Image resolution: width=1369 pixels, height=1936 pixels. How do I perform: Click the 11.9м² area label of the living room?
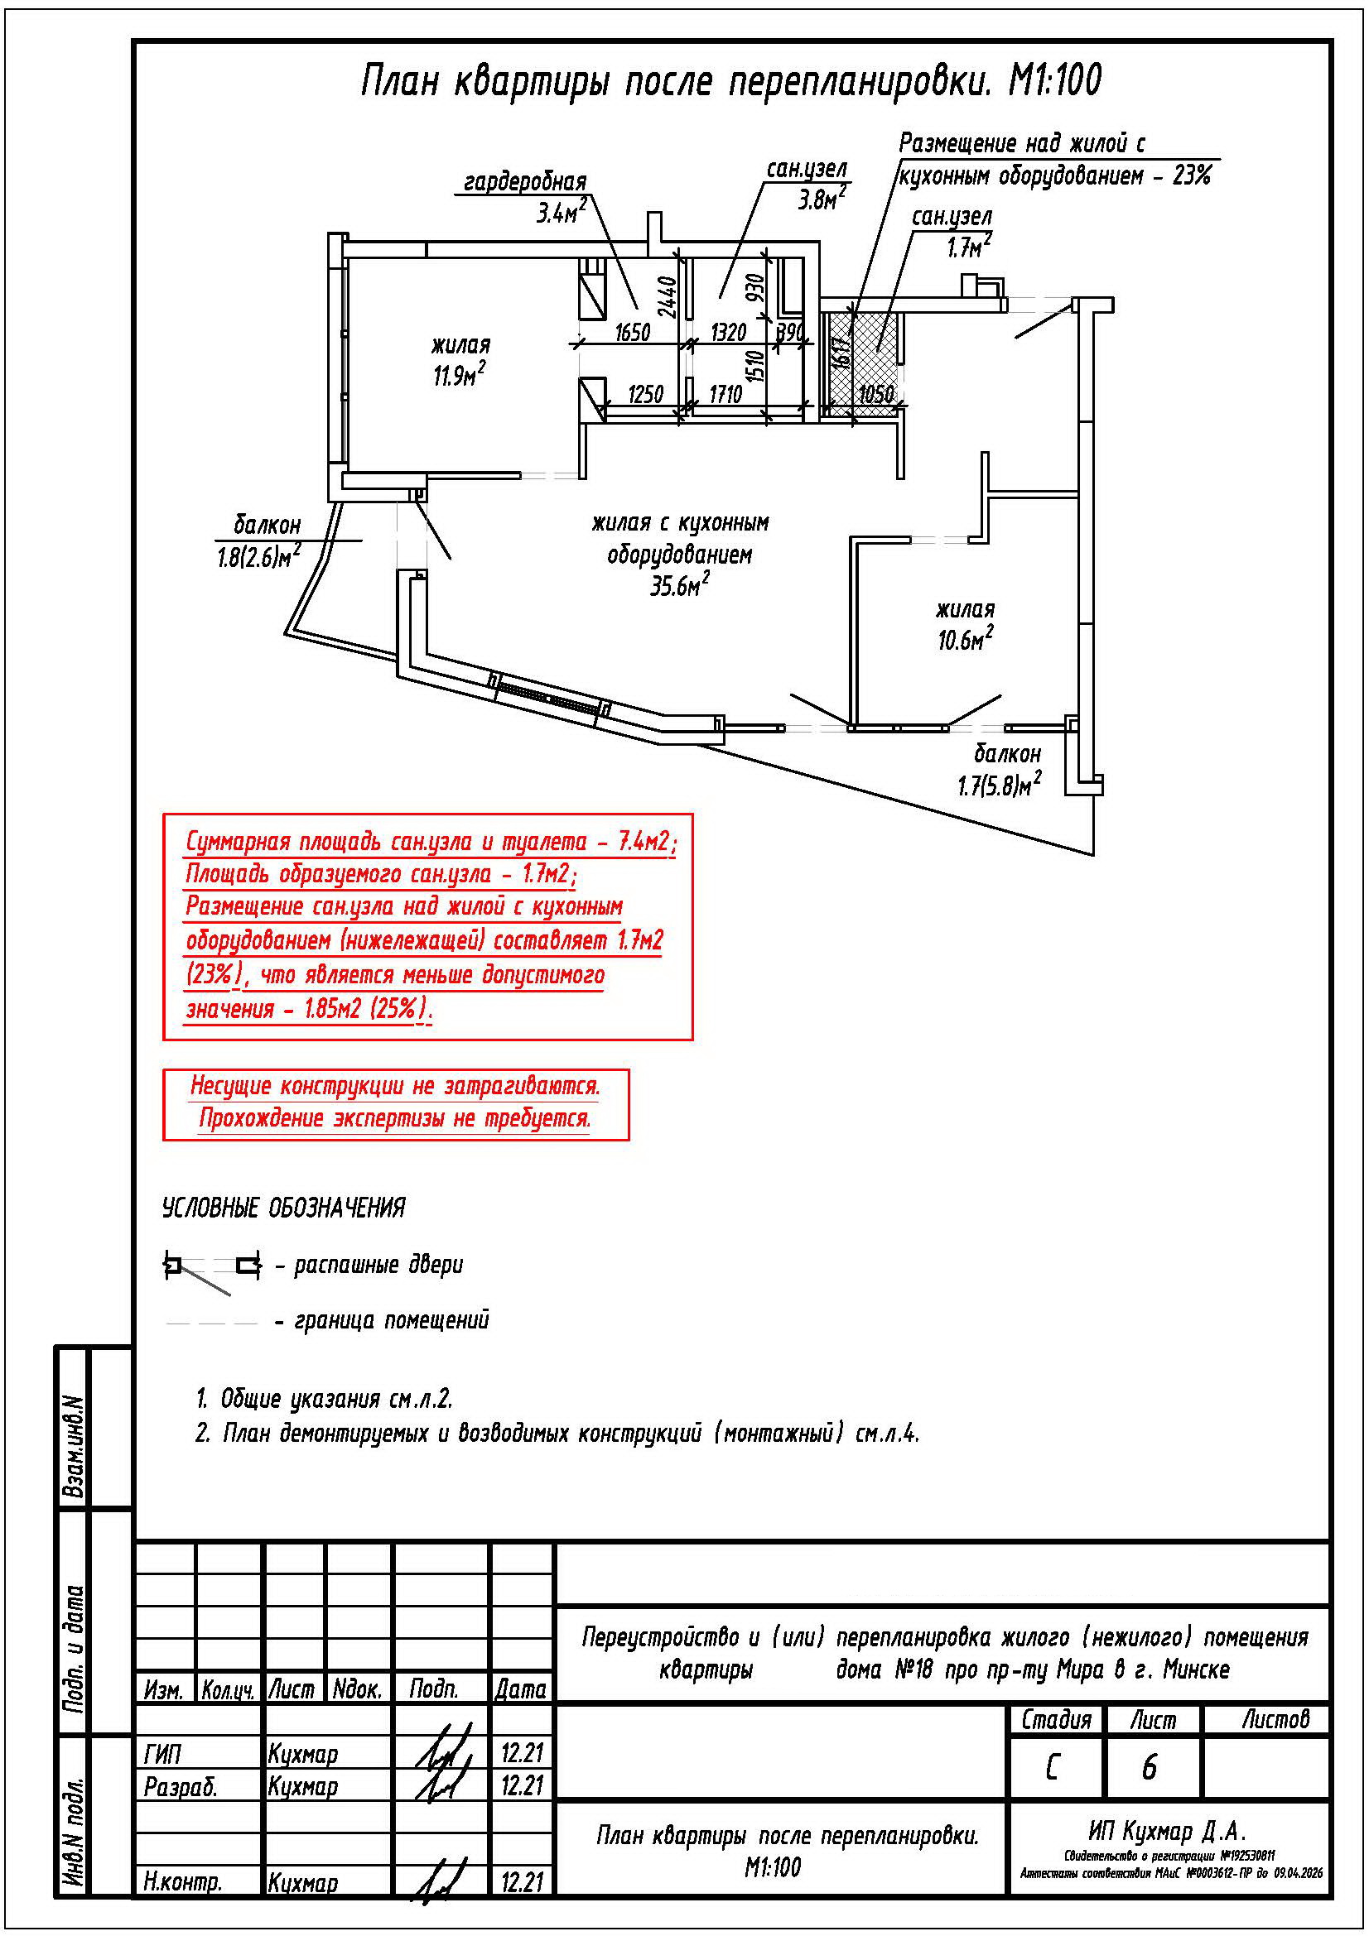point(459,375)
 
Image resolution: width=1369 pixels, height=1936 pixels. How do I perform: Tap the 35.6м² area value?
point(678,585)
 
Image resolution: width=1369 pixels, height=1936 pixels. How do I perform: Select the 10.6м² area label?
point(964,640)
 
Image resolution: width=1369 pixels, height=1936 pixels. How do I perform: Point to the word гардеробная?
point(524,182)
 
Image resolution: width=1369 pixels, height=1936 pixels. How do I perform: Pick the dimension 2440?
point(667,297)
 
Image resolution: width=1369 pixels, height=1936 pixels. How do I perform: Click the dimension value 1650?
point(632,332)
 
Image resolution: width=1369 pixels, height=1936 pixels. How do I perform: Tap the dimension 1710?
point(725,394)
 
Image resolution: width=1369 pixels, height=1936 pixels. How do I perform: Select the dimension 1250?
point(646,394)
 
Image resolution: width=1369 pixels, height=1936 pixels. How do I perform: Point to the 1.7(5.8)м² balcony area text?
point(999,785)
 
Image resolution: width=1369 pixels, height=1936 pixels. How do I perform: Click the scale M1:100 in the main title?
point(1055,82)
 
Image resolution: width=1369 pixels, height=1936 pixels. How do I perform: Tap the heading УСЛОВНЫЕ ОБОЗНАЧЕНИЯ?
point(283,1208)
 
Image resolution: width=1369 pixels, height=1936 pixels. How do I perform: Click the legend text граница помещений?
point(392,1320)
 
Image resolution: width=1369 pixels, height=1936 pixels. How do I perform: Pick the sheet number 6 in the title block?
point(1149,1767)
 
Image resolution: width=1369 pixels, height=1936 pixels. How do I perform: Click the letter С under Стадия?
point(1052,1767)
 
